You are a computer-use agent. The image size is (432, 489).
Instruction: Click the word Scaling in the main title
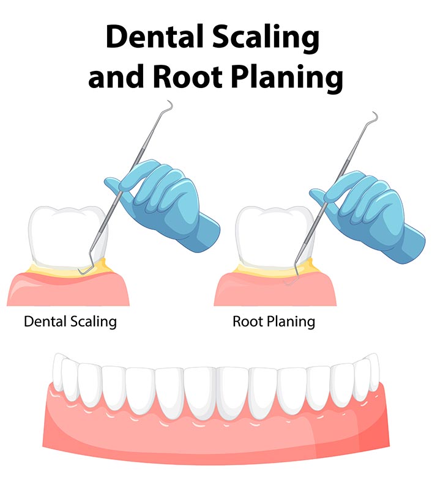click(266, 39)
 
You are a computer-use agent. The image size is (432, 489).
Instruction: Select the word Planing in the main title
click(287, 78)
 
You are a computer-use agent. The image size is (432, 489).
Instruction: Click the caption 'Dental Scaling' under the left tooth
click(70, 322)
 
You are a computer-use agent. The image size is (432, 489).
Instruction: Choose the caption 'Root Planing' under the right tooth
click(274, 322)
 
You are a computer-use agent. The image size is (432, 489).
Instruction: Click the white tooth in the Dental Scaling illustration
click(67, 237)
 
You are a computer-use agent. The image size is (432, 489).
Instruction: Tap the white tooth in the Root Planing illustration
click(274, 237)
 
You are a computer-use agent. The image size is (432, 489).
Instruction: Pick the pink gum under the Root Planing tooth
click(275, 292)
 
